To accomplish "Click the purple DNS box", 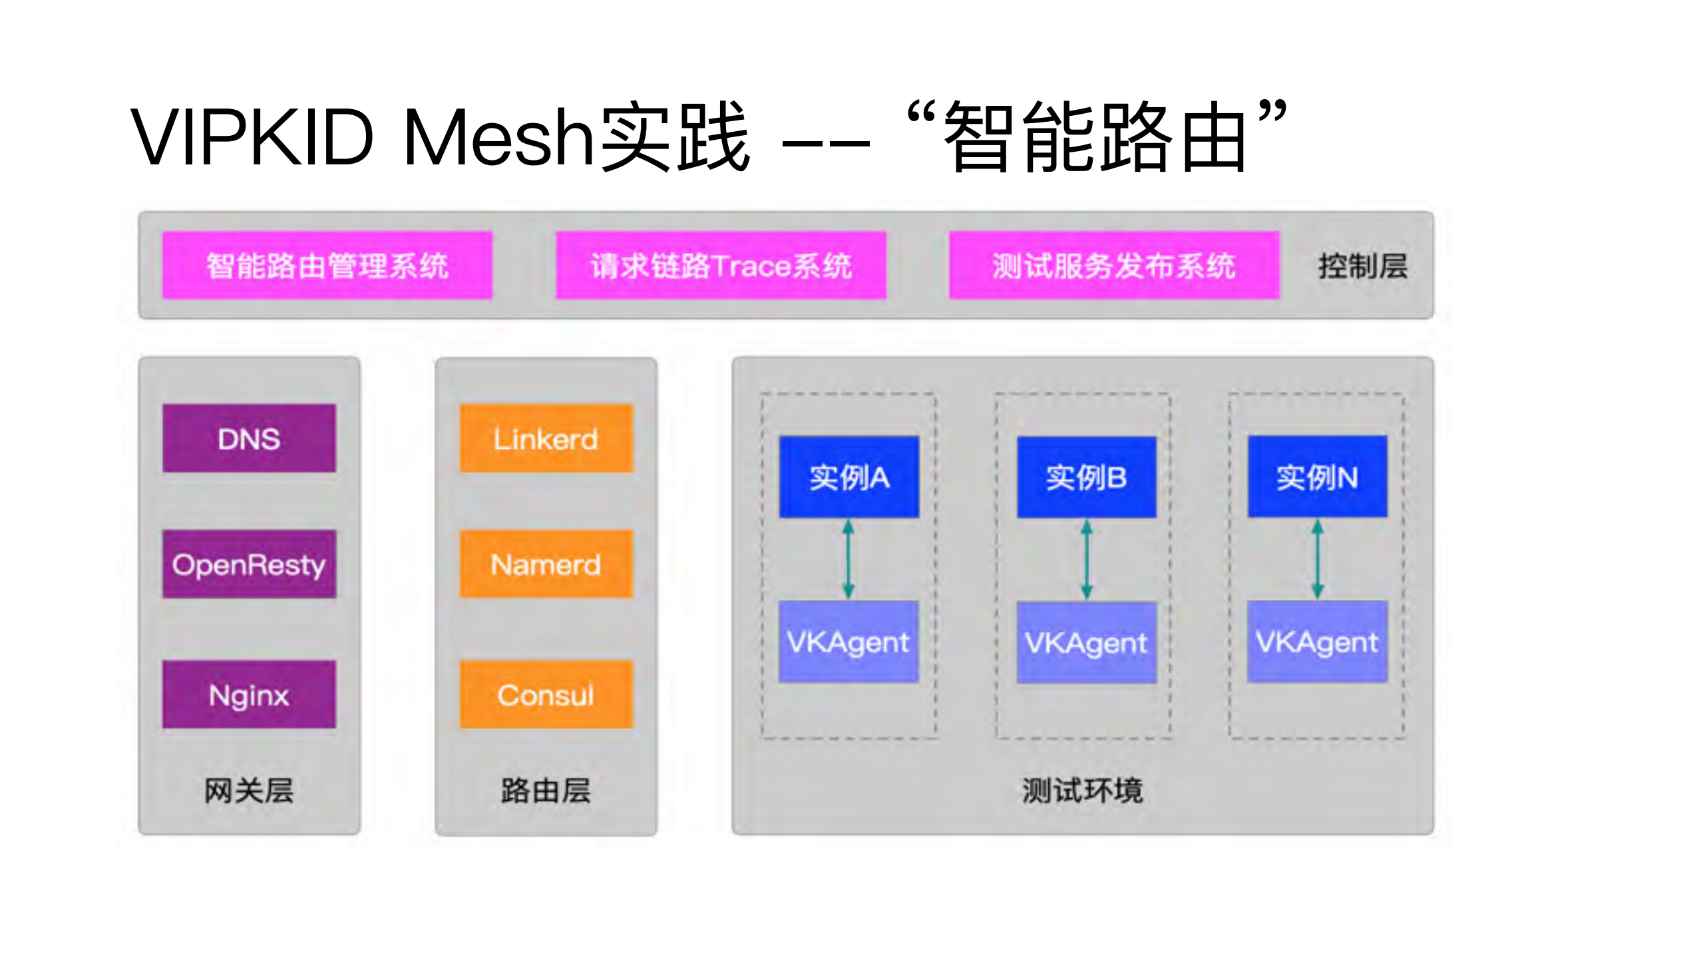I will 249,438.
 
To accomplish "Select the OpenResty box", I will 249,564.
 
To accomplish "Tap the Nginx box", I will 249,694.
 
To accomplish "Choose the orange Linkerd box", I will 546,438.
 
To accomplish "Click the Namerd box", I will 546,564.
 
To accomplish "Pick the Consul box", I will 546,694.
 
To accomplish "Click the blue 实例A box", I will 849,477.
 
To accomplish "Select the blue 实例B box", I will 1086,477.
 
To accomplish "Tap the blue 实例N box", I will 1317,477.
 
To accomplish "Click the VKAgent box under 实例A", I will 849,642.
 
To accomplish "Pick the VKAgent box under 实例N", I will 1317,642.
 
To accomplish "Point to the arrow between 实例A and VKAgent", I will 849,559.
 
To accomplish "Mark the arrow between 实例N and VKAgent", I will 1317,559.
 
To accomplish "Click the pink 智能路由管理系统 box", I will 327,265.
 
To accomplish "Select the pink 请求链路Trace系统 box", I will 721,265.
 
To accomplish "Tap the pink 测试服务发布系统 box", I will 1113,265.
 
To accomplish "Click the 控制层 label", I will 1362,266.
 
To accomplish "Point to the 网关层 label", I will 249,791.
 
